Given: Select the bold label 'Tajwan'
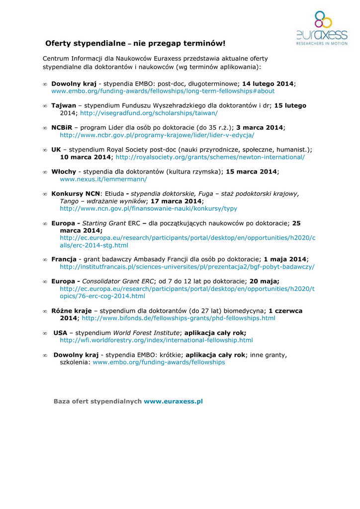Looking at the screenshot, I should (x=64, y=106).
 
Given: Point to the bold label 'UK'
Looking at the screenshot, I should (x=56, y=150).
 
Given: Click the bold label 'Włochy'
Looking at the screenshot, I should (x=64, y=171).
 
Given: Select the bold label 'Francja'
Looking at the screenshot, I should (x=64, y=259).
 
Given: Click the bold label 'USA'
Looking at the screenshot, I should (x=60, y=333).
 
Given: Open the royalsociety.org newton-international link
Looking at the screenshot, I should (x=210, y=157).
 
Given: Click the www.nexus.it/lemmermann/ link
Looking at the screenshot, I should (x=103, y=179).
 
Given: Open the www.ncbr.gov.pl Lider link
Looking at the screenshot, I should (x=157, y=135).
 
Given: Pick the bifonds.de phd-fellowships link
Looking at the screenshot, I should (x=178, y=318).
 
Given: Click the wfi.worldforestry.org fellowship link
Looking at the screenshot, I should (x=156, y=340).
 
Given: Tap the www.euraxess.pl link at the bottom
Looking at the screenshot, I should (x=173, y=401).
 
